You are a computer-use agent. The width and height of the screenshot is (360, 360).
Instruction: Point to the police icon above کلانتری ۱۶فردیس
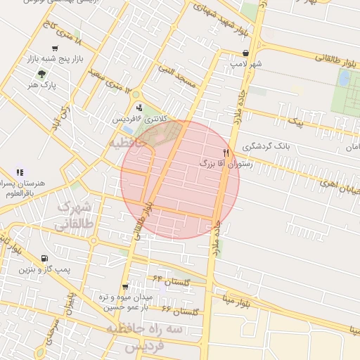click(x=139, y=108)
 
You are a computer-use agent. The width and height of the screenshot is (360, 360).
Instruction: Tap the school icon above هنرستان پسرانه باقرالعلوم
click(x=19, y=172)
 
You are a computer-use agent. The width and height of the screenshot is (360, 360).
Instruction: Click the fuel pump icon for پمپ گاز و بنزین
click(x=45, y=258)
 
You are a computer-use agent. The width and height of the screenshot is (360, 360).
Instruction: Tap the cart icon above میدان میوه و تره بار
click(x=125, y=286)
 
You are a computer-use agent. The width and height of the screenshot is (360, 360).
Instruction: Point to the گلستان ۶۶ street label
click(x=181, y=310)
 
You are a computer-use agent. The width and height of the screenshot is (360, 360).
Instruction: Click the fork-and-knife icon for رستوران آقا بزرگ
click(x=226, y=152)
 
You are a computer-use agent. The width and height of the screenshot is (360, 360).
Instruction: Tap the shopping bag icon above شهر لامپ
click(x=245, y=53)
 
